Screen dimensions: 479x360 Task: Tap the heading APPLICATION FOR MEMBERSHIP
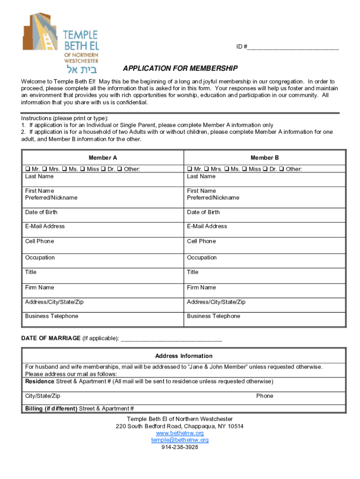click(180, 68)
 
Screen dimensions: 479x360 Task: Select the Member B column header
click(265, 158)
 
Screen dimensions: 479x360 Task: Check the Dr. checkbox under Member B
click(266, 169)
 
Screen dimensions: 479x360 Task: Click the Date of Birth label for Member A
click(41, 212)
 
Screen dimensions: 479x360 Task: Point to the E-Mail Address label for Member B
click(207, 226)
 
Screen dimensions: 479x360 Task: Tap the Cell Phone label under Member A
click(39, 241)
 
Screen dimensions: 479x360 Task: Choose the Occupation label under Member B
click(202, 257)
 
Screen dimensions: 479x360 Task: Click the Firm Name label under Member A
click(39, 287)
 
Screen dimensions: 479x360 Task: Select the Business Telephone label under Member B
click(213, 316)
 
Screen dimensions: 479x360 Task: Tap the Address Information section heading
click(184, 356)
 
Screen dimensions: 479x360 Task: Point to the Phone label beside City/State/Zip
click(265, 396)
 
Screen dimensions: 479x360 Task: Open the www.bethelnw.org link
click(180, 433)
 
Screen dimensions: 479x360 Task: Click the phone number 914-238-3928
click(180, 447)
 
